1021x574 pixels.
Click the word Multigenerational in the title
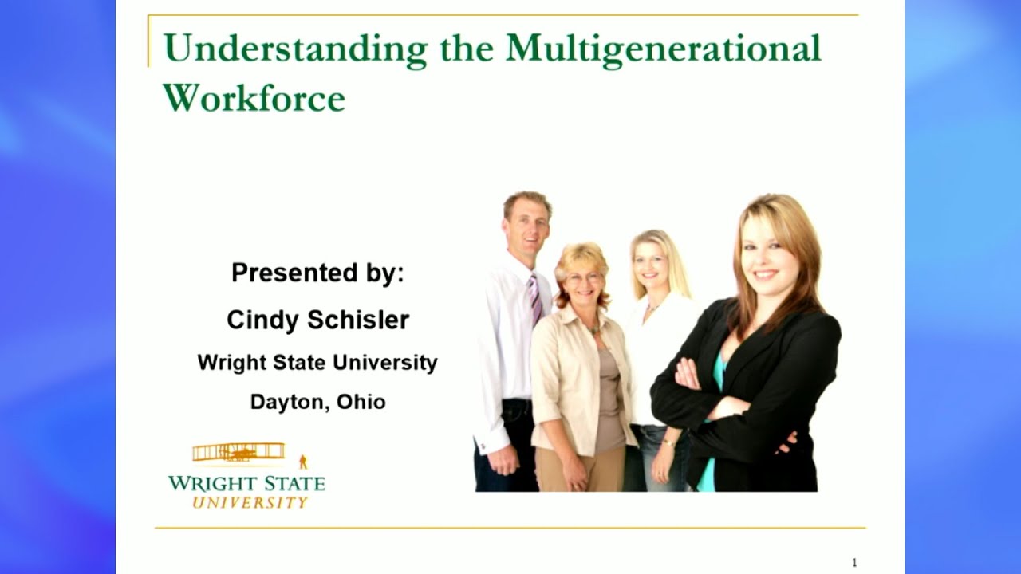(663, 49)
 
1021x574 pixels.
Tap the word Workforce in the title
(254, 97)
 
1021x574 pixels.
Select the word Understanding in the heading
(296, 49)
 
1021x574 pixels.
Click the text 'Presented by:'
(317, 273)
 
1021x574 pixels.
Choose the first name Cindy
(262, 320)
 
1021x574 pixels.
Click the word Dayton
(287, 402)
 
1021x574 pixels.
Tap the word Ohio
(361, 402)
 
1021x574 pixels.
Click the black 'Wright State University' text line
(317, 363)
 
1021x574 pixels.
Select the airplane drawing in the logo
(238, 452)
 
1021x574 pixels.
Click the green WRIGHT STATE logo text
(246, 483)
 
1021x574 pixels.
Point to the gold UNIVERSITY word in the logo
(250, 502)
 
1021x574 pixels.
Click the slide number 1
(854, 563)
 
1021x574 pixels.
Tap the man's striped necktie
(535, 298)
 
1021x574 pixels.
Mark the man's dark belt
(517, 402)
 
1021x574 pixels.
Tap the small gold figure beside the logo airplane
(303, 462)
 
